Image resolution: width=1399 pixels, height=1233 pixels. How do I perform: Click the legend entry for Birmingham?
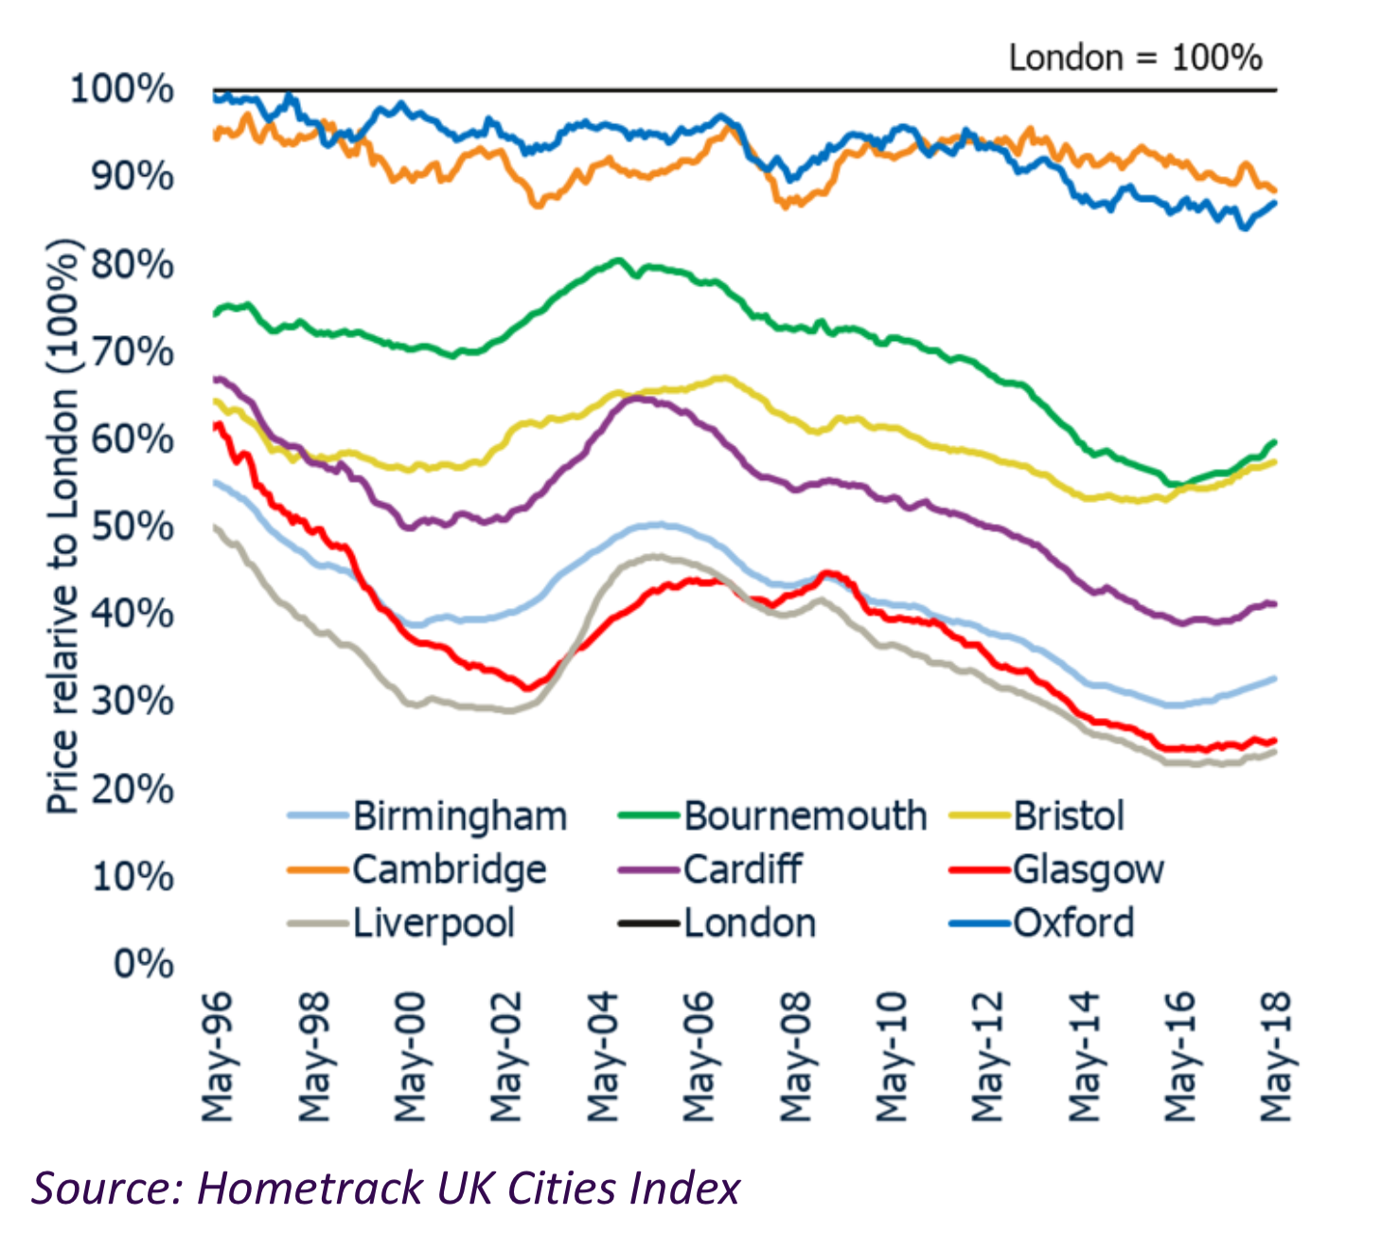pos(459,816)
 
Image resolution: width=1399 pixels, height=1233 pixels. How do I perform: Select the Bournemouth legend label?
pos(805,816)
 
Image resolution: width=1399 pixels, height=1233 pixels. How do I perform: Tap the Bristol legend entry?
pos(1069,816)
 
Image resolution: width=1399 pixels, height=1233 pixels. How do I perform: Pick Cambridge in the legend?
pos(449,870)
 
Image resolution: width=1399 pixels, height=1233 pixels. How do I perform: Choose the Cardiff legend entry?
pos(743,870)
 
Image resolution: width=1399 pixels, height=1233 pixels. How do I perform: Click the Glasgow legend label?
pos(1088,870)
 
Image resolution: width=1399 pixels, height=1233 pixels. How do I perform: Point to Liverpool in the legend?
pos(434,923)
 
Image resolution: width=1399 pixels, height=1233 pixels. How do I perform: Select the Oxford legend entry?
pos(1073,923)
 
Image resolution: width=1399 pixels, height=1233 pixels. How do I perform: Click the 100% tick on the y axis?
pos(122,90)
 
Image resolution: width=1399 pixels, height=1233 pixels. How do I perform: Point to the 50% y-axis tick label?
pos(133,527)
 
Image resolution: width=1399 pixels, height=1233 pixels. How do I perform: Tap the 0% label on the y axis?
pos(144,964)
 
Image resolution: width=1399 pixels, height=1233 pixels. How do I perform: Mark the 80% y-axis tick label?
pos(133,264)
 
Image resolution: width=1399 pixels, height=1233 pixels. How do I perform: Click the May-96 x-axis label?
pos(218,1057)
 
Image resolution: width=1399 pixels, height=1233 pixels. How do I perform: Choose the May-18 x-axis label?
pos(1275,1057)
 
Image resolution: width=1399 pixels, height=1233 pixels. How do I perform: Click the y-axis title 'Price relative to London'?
pos(62,526)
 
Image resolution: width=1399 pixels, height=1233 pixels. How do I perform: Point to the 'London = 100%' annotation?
pos(1135,59)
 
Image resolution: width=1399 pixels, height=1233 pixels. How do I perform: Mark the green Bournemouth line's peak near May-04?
pos(618,259)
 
